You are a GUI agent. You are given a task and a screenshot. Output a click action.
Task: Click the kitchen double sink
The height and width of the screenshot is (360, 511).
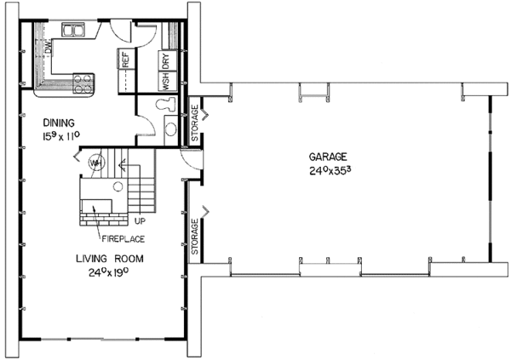(x=74, y=31)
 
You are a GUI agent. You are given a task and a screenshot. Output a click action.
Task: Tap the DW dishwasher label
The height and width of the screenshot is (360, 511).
(x=49, y=51)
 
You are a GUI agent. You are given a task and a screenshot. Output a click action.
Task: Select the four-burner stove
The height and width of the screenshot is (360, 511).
(x=83, y=83)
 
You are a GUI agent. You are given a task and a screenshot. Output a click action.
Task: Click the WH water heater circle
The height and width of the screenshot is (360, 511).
(x=96, y=163)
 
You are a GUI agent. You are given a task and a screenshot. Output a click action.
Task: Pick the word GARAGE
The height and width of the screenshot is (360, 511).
(x=326, y=155)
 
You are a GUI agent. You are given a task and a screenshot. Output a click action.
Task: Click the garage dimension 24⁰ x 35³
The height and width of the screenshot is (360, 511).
(x=327, y=169)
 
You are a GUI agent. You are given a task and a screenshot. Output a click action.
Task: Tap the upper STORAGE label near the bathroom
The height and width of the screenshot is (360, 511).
(x=194, y=123)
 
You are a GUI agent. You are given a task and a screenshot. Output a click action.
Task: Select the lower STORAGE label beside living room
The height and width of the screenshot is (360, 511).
(x=194, y=237)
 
